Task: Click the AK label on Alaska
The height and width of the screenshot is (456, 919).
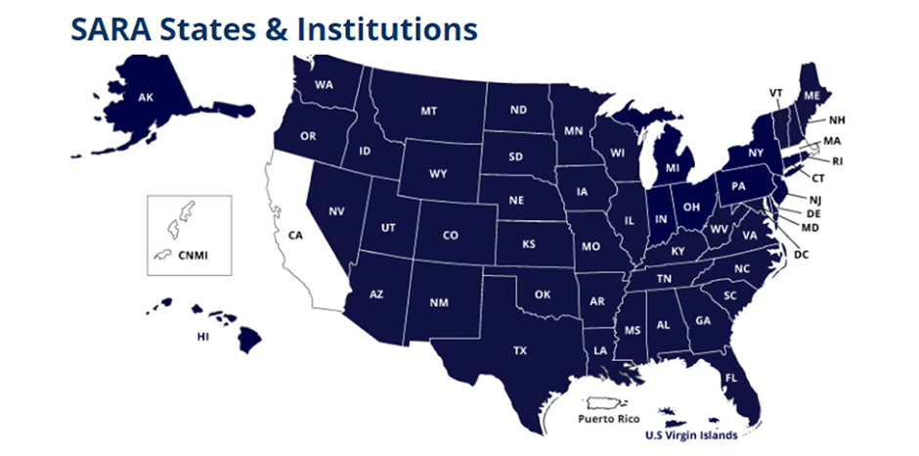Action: pos(146,98)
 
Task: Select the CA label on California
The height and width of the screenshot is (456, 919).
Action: pos(294,235)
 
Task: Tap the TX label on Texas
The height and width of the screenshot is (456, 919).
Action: pos(520,349)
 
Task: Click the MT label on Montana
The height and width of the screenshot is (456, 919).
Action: pos(428,111)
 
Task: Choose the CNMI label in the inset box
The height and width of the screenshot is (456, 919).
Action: pos(193,256)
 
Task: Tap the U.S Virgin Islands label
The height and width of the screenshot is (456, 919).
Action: pos(690,433)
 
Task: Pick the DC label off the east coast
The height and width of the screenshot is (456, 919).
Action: pos(802,254)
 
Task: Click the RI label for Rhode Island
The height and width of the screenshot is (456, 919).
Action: pos(838,161)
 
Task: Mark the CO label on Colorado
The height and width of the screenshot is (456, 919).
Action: pos(450,235)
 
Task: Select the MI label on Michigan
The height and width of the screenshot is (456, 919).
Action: pos(673,168)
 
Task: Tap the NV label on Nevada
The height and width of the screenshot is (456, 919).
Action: pos(336,211)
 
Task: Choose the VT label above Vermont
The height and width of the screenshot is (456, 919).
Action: pos(776,93)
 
